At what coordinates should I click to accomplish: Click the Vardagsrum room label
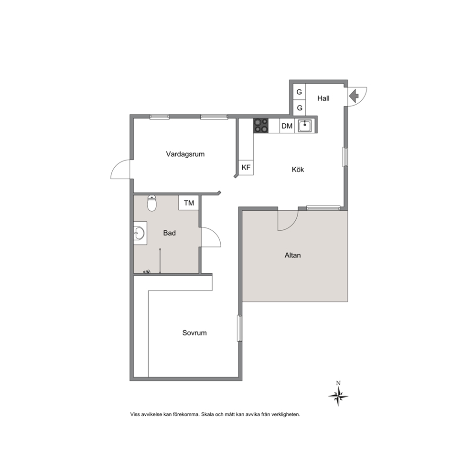[185, 154]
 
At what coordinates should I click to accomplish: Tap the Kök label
[298, 170]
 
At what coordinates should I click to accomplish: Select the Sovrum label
[194, 333]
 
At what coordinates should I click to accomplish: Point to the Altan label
[292, 256]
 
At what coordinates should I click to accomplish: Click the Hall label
[323, 98]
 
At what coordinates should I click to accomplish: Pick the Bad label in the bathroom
[169, 233]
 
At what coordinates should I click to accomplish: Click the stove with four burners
[261, 126]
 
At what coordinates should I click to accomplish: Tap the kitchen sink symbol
[305, 126]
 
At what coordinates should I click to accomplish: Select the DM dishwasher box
[287, 126]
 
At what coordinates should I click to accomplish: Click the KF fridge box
[246, 167]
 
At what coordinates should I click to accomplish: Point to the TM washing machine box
[189, 203]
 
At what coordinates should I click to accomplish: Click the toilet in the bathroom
[152, 203]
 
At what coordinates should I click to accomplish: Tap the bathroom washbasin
[140, 233]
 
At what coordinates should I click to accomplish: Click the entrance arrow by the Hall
[354, 96]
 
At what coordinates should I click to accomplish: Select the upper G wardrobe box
[299, 92]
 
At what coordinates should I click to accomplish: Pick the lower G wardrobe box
[299, 108]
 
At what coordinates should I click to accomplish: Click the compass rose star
[338, 396]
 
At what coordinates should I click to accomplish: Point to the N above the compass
[338, 383]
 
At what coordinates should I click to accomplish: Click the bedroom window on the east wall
[240, 328]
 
